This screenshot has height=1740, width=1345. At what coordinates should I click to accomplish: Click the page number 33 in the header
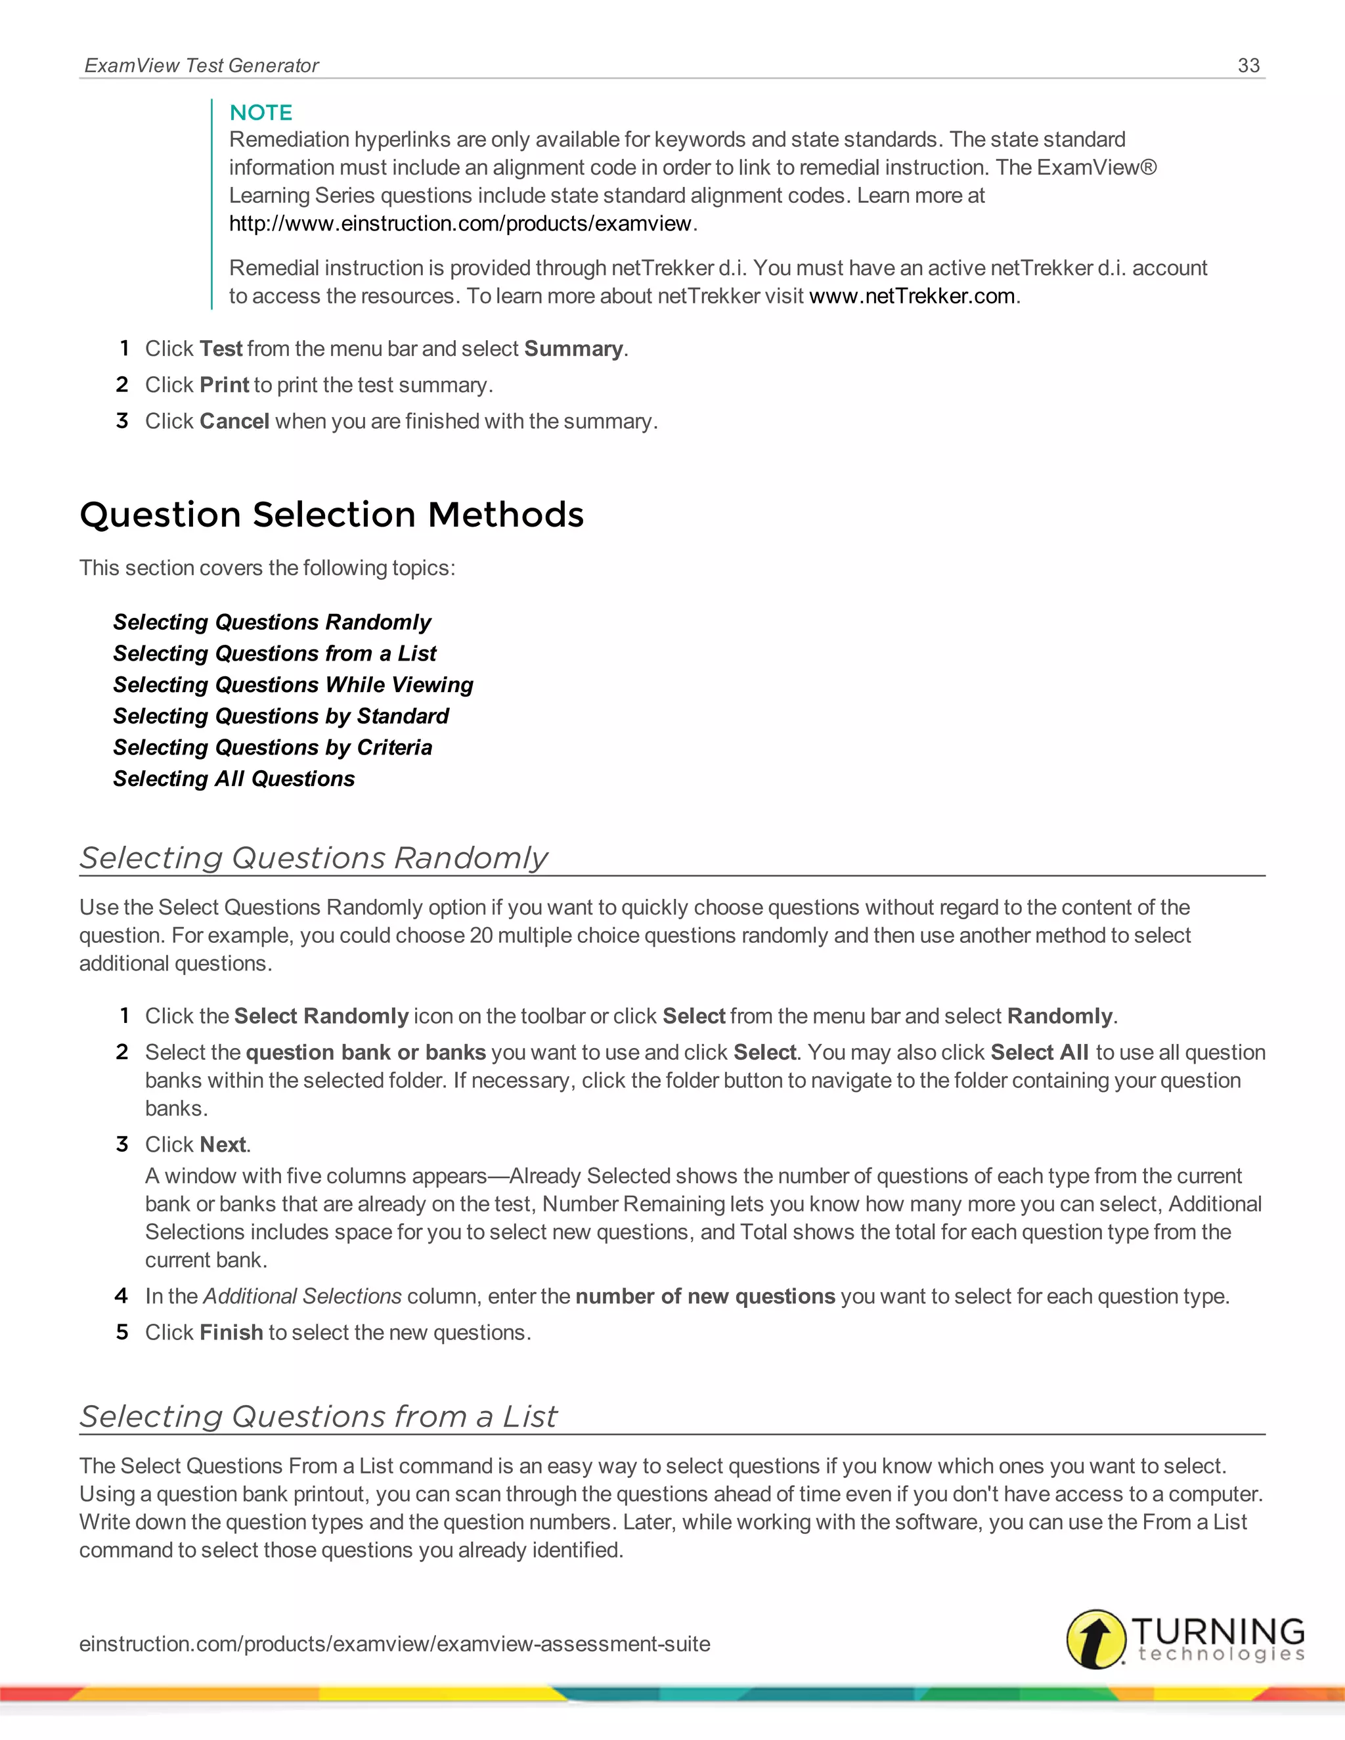(x=1248, y=65)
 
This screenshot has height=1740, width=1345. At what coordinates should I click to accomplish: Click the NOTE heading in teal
(x=261, y=112)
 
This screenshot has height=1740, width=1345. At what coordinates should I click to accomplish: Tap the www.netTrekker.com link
(x=912, y=296)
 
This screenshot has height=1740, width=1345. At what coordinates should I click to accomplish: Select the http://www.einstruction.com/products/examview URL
(x=460, y=224)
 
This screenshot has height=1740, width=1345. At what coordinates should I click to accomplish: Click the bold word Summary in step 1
(x=573, y=349)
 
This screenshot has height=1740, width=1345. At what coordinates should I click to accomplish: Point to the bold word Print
(x=224, y=385)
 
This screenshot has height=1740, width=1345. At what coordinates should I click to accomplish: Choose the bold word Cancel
(x=234, y=421)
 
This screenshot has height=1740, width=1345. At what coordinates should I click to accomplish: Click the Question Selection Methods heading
(x=332, y=515)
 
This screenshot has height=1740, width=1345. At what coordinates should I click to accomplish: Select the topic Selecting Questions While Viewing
(x=292, y=684)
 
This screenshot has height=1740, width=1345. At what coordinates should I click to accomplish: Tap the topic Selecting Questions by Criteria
(x=272, y=747)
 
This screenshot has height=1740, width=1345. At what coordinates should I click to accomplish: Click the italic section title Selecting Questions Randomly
(x=313, y=858)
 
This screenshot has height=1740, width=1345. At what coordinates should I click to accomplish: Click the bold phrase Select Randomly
(x=320, y=1016)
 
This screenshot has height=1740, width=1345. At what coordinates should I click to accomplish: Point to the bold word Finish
(x=231, y=1332)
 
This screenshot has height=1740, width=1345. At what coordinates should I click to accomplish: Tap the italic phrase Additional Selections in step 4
(x=302, y=1296)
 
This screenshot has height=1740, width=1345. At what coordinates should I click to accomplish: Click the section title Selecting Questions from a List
(x=318, y=1416)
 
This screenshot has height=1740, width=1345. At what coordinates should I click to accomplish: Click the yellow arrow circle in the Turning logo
(x=1095, y=1639)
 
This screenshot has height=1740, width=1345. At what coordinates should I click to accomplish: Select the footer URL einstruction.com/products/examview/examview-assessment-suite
(x=395, y=1643)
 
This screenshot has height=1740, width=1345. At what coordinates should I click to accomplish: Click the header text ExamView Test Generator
(x=202, y=65)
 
